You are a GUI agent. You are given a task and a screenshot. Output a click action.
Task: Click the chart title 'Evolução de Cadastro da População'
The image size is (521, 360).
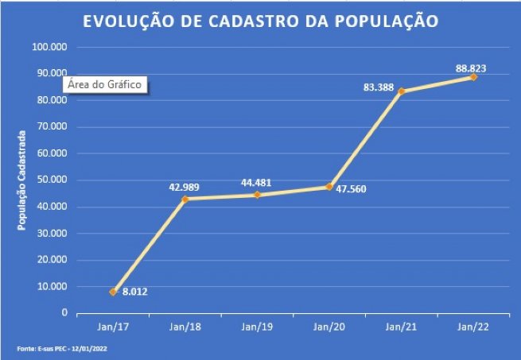[260, 21]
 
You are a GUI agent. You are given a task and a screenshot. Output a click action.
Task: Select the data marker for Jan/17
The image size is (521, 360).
[113, 292]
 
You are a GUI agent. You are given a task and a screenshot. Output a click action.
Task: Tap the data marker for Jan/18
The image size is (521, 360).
[185, 199]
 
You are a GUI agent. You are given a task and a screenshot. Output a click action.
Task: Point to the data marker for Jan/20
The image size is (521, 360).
[329, 187]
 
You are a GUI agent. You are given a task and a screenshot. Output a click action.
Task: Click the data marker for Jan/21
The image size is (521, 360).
[402, 91]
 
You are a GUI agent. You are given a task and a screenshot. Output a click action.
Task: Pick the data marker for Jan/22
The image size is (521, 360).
[473, 77]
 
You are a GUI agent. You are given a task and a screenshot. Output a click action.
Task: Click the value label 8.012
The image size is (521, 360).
[135, 292]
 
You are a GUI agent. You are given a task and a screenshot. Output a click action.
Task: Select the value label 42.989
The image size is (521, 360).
[185, 187]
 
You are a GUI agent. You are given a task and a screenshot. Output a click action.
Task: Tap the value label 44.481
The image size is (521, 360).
[256, 183]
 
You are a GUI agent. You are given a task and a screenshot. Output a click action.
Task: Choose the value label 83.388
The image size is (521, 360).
[379, 86]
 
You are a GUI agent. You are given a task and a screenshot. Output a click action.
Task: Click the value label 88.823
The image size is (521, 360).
[471, 68]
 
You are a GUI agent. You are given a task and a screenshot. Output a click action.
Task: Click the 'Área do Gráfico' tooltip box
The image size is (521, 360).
[105, 85]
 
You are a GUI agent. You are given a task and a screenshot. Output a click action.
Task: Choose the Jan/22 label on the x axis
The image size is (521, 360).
[473, 327]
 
